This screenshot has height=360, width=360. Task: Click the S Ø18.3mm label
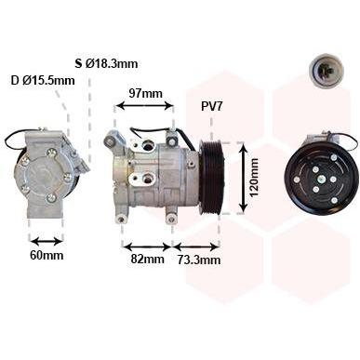[106, 63]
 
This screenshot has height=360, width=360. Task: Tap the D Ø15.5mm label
[43, 81]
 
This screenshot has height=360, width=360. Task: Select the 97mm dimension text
[145, 93]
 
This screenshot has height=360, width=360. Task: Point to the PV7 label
[212, 107]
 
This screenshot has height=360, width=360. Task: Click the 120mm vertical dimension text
[254, 178]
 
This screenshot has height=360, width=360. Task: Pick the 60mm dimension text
[47, 255]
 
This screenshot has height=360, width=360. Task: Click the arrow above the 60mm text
[47, 241]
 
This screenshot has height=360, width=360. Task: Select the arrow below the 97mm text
[145, 106]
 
